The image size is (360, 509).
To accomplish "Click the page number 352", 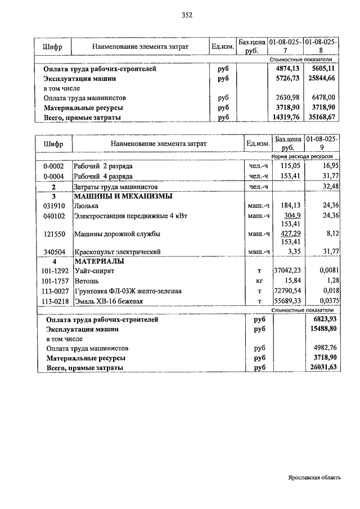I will click(187, 15).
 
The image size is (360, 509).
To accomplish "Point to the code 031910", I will click(53, 206).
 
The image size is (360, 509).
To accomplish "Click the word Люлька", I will click(85, 206).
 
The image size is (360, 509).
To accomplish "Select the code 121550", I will click(53, 233).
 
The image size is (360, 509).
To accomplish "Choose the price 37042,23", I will click(287, 271).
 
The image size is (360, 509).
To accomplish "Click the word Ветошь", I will click(86, 281).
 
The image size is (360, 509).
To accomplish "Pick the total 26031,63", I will click(322, 367).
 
